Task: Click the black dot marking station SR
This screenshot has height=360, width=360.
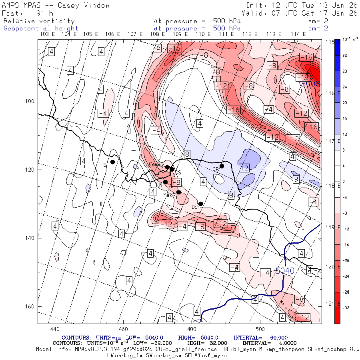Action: tap(113, 162)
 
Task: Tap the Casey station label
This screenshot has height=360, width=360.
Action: tap(155, 164)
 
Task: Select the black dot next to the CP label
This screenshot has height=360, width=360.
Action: tap(222, 166)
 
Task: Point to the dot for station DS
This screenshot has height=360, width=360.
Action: tap(201, 204)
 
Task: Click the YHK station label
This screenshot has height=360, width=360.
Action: tap(169, 195)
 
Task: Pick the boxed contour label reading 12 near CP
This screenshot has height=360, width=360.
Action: tap(244, 168)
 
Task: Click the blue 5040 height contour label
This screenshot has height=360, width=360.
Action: tap(285, 271)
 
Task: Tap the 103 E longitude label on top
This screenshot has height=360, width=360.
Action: tap(48, 34)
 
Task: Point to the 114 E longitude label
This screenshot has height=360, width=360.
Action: tap(298, 34)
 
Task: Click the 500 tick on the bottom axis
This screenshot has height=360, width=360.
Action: tap(260, 329)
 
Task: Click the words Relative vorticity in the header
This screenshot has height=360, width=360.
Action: tap(39, 21)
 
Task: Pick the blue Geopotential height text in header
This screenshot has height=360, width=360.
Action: tap(41, 28)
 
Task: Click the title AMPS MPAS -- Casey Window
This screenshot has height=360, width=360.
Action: tap(56, 6)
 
